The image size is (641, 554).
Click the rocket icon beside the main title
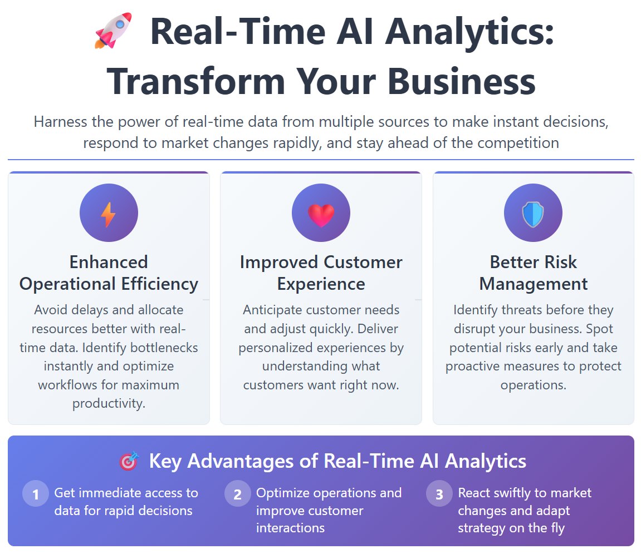(113, 31)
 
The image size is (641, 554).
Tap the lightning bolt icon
(109, 214)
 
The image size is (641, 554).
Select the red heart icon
(321, 215)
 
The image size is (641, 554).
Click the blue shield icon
(533, 215)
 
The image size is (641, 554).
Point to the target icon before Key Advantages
(129, 462)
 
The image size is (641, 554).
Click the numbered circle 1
(36, 494)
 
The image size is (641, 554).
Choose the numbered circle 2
(238, 494)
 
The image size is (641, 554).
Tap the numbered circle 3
(439, 494)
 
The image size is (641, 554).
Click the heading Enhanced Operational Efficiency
(109, 273)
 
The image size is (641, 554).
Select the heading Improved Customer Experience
(321, 273)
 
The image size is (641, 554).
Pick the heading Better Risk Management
(533, 273)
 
